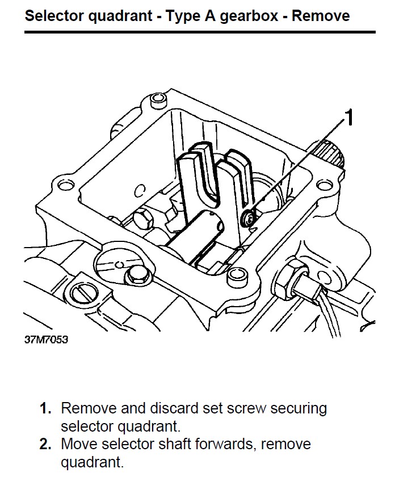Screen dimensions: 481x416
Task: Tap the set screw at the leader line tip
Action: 247,217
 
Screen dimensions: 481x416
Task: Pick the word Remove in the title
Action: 321,15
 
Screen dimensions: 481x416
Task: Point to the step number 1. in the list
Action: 46,408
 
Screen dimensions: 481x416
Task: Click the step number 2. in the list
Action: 46,444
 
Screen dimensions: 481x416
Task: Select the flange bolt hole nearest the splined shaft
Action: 324,185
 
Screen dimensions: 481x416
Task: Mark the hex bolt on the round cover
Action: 136,275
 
